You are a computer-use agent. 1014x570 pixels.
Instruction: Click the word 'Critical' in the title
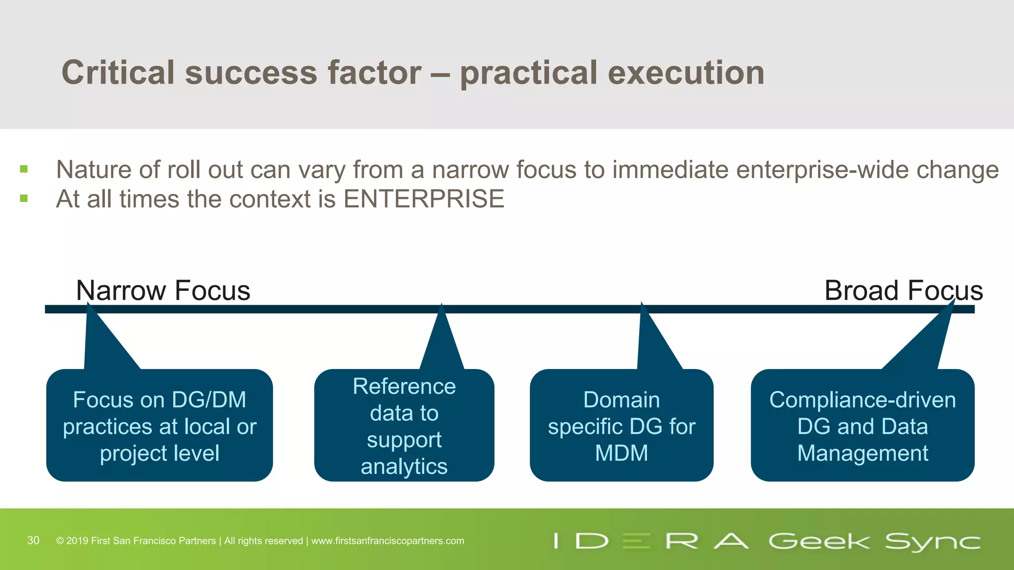118,73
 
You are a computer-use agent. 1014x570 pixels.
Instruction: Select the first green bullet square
24,170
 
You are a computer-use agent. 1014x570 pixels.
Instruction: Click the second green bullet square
24,199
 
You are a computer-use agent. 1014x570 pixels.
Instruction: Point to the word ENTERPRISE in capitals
424,199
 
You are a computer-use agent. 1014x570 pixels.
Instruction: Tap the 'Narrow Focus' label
163,290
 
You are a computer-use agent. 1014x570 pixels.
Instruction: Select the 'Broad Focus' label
903,290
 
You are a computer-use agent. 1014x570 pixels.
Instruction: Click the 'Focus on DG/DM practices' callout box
159,426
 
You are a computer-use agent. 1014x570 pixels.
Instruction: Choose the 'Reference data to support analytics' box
404,426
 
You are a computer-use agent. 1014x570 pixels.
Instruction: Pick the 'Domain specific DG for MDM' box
621,426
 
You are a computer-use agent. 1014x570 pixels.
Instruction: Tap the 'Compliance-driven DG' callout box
862,426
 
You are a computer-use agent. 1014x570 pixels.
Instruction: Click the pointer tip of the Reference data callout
441,306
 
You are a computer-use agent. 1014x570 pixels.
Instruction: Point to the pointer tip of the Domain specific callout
642,304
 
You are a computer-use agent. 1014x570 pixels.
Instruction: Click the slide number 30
33,540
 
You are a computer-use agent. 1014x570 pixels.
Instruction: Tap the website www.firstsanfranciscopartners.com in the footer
388,541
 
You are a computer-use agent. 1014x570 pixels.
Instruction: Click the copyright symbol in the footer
60,541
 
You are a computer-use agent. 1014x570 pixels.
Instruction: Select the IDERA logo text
651,541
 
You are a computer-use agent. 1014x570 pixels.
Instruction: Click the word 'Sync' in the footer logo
933,542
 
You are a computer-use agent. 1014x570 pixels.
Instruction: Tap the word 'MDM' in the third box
621,453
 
